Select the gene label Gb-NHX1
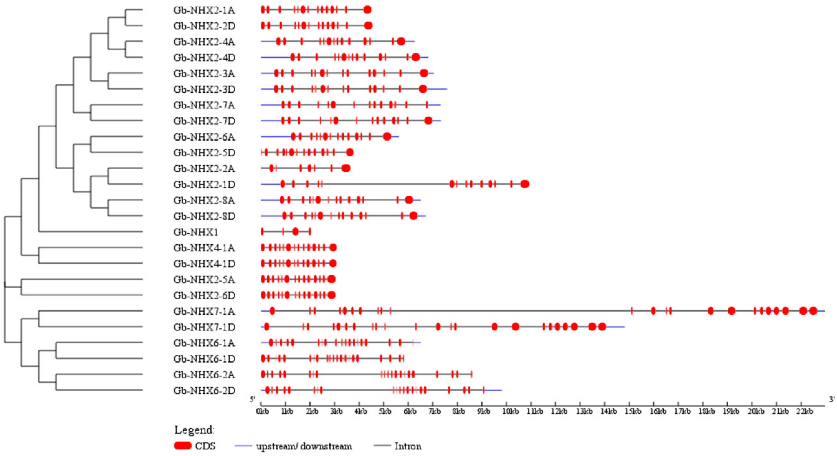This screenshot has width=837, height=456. point(196,232)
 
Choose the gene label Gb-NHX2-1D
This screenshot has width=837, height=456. point(204,185)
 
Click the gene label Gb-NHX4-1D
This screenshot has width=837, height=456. point(204,264)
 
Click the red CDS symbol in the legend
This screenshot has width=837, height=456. point(183,446)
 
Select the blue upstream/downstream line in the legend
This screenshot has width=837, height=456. point(243,446)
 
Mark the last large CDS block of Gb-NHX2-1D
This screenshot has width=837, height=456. point(525,184)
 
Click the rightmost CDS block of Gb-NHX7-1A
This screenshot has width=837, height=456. point(813,311)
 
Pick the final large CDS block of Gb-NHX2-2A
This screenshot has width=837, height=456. point(346,168)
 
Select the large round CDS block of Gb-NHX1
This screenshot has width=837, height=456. point(295,232)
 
